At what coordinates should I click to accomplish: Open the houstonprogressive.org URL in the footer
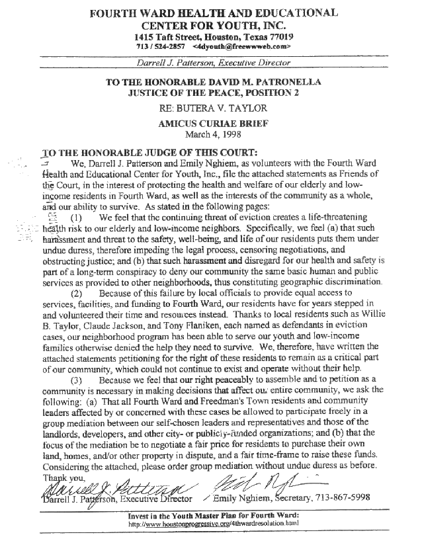(x=210, y=524)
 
